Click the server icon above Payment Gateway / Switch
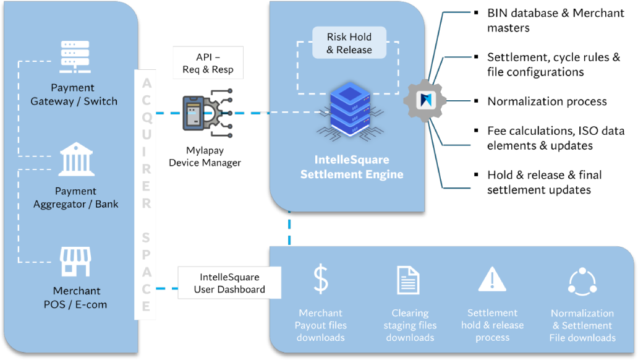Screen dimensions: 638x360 click(x=75, y=57)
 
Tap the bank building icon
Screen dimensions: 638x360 click(x=77, y=159)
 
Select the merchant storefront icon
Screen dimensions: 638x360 click(x=75, y=262)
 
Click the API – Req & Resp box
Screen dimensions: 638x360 click(x=208, y=62)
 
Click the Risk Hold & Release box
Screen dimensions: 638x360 click(x=349, y=43)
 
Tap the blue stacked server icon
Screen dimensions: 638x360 click(x=350, y=111)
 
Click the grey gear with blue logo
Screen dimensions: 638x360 click(x=425, y=100)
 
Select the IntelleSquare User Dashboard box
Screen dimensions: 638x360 click(x=229, y=283)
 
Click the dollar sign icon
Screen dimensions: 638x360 click(x=321, y=279)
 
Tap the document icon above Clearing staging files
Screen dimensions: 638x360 click(x=408, y=280)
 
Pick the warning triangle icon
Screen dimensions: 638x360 click(x=492, y=280)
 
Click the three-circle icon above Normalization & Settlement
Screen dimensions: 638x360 click(x=582, y=281)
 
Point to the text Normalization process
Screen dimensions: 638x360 click(x=547, y=101)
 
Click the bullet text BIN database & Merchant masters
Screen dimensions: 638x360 click(x=555, y=20)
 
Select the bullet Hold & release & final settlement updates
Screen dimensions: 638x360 click(x=544, y=182)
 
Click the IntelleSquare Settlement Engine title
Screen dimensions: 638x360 click(x=352, y=167)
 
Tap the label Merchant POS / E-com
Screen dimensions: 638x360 click(x=75, y=298)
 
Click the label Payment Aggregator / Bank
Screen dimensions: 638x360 click(x=75, y=197)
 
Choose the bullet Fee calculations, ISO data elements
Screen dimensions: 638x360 click(x=556, y=138)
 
